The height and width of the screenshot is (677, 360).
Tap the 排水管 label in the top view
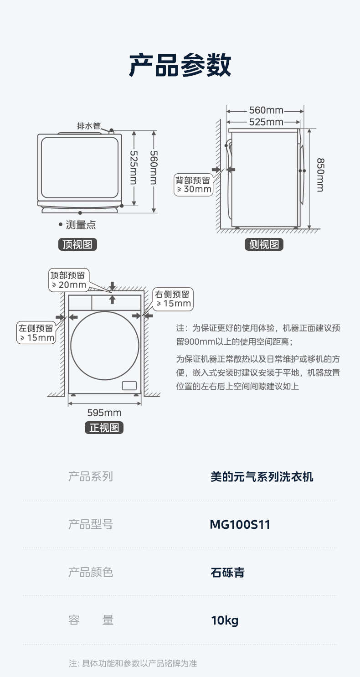pyautogui.click(x=88, y=126)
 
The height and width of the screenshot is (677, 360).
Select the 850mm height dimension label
pyautogui.click(x=320, y=175)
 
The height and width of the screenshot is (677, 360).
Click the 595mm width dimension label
pyautogui.click(x=104, y=413)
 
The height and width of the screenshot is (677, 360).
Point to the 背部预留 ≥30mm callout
pyautogui.click(x=194, y=184)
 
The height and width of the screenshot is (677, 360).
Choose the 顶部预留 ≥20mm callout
pyautogui.click(x=69, y=280)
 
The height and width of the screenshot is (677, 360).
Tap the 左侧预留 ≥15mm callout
pyautogui.click(x=36, y=333)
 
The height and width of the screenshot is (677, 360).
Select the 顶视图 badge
pyautogui.click(x=77, y=245)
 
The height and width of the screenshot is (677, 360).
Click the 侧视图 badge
pyautogui.click(x=264, y=245)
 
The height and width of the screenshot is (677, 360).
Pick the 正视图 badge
pyautogui.click(x=104, y=428)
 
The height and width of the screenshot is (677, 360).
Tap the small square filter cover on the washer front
pyautogui.click(x=129, y=385)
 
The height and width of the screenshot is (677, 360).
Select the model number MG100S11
pyautogui.click(x=240, y=525)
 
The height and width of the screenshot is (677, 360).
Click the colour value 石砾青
pyautogui.click(x=227, y=572)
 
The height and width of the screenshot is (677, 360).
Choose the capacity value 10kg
pyautogui.click(x=225, y=620)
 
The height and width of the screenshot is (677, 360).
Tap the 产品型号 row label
pyautogui.click(x=90, y=525)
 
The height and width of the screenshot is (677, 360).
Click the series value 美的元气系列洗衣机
pyautogui.click(x=262, y=477)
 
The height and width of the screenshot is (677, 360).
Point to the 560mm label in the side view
pyautogui.click(x=266, y=110)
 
